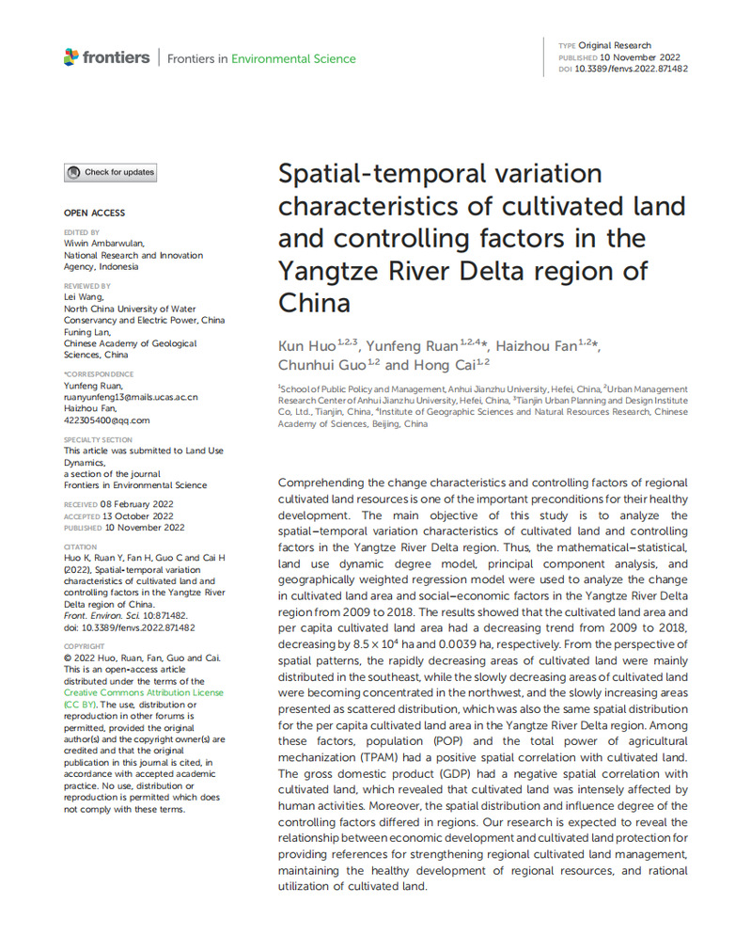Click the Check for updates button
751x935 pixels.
pos(110,173)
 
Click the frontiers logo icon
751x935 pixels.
pos(71,57)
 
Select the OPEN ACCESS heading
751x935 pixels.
pos(94,214)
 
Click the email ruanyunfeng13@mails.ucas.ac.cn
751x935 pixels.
pos(131,398)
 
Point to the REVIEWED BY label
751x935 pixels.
pos(86,286)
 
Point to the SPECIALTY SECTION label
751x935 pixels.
pos(99,440)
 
